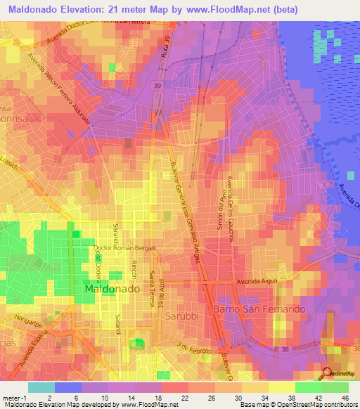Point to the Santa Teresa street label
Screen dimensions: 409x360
tap(150, 289)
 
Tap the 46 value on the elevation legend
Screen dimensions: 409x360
tap(344, 397)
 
